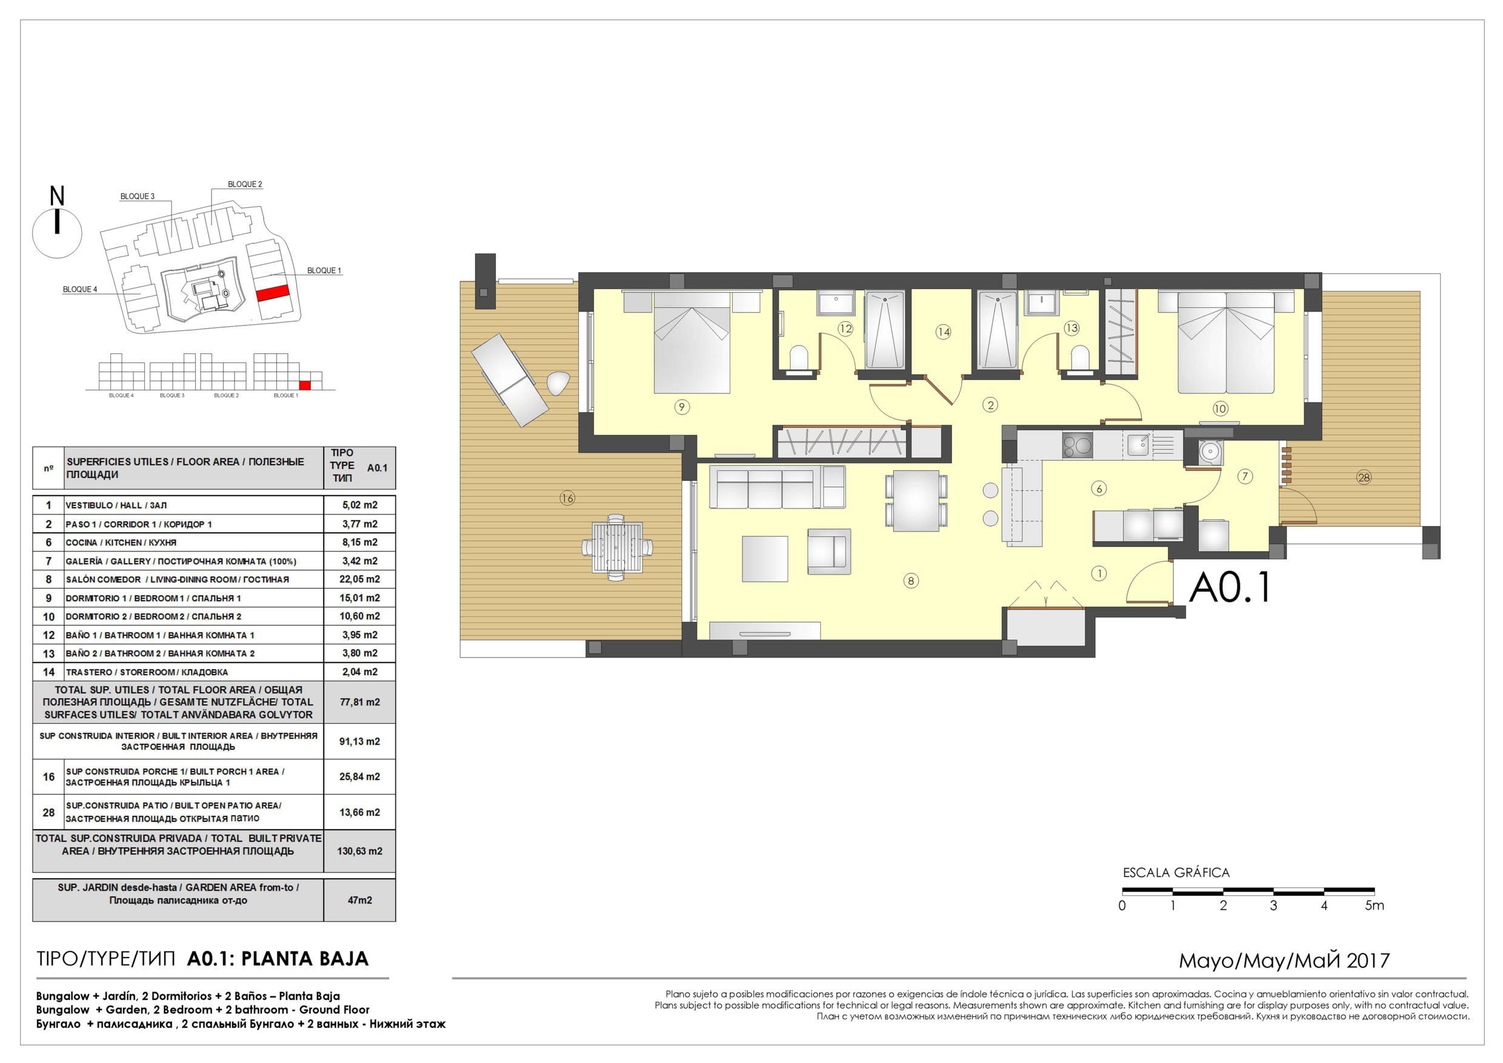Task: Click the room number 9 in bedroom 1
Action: [681, 407]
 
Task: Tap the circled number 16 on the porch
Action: [567, 498]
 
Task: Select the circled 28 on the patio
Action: [1364, 477]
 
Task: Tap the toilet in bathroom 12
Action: [799, 359]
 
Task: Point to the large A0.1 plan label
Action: [1230, 587]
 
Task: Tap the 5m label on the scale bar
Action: [1375, 906]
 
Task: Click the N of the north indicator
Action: [58, 196]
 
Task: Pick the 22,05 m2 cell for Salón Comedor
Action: [360, 579]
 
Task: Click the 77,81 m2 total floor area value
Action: [360, 702]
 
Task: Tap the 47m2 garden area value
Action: [360, 900]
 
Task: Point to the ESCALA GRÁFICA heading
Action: [1176, 873]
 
